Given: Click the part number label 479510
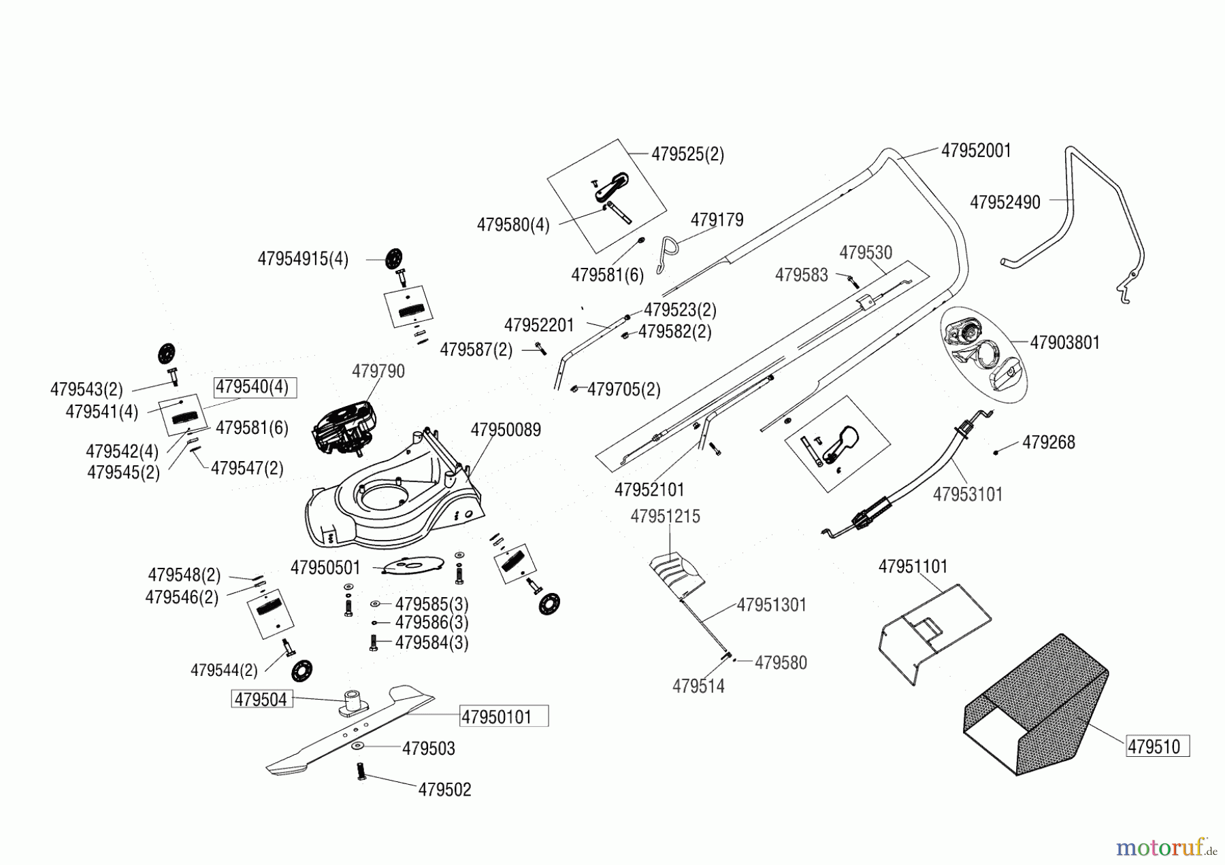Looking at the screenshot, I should pos(1157,747).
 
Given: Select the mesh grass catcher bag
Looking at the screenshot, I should pos(1034,707).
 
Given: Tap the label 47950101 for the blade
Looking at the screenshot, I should pos(504,717).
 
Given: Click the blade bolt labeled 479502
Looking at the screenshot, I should pos(361,773).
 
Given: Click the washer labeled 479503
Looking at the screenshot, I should pos(357,747).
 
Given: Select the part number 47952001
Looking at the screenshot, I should pos(976,150).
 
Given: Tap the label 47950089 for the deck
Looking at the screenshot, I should pos(506,430).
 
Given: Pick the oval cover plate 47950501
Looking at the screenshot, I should pos(413,564).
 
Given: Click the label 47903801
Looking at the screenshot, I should pos(1064,342).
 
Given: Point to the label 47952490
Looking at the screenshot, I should pos(1004,203).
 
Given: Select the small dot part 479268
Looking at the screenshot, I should pos(996,452).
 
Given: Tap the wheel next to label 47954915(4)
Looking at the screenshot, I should pos(393,259).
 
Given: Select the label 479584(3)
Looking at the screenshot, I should pos(431,643).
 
